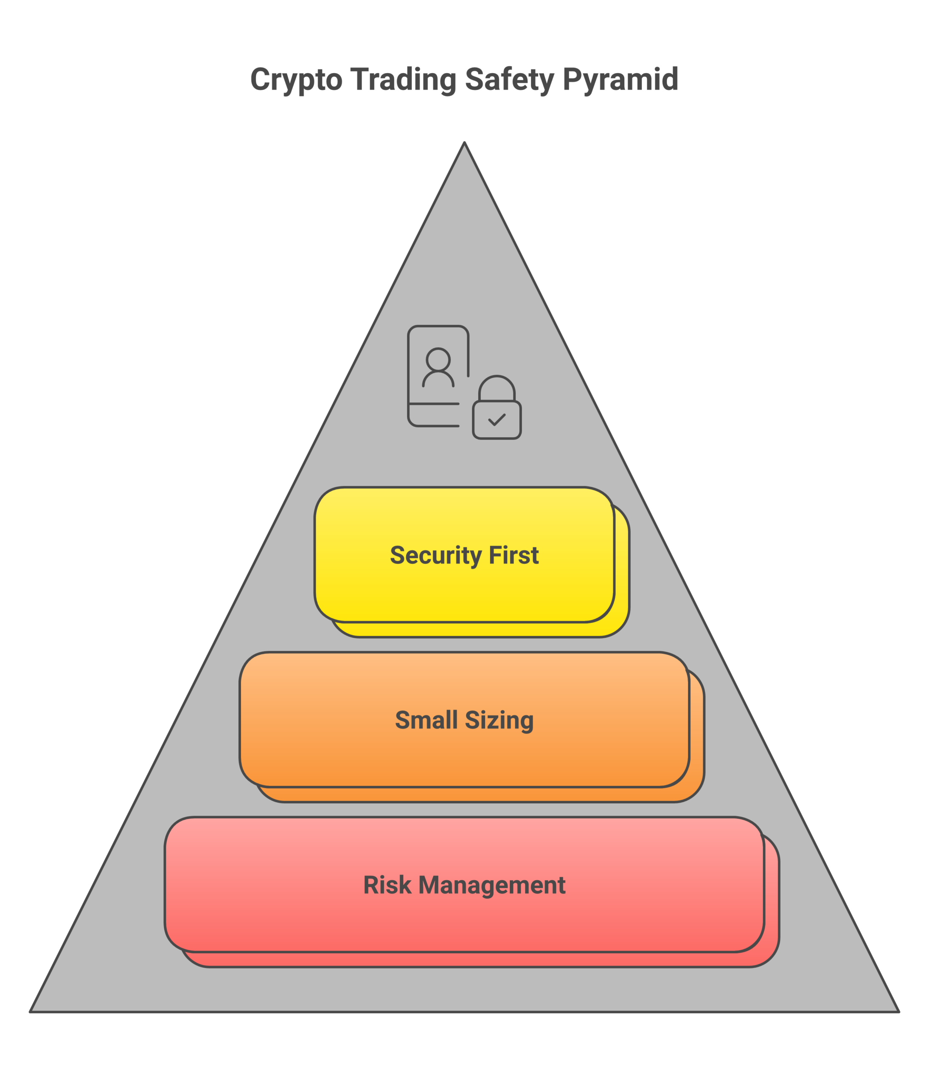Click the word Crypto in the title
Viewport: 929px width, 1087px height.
click(x=296, y=80)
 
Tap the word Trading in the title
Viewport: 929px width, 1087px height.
click(x=403, y=80)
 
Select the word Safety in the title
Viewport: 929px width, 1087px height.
click(x=509, y=80)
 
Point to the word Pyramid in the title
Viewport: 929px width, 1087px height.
click(x=621, y=80)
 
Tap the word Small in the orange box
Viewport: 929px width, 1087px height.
click(x=426, y=720)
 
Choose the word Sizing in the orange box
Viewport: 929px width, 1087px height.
click(x=499, y=720)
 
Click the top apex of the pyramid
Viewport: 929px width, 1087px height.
click(x=464, y=143)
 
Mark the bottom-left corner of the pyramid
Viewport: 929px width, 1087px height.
click(x=31, y=1011)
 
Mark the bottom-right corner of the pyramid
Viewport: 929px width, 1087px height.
click(x=898, y=1011)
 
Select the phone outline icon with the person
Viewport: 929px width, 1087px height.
click(x=419, y=346)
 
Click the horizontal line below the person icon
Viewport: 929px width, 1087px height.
click(x=434, y=404)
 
